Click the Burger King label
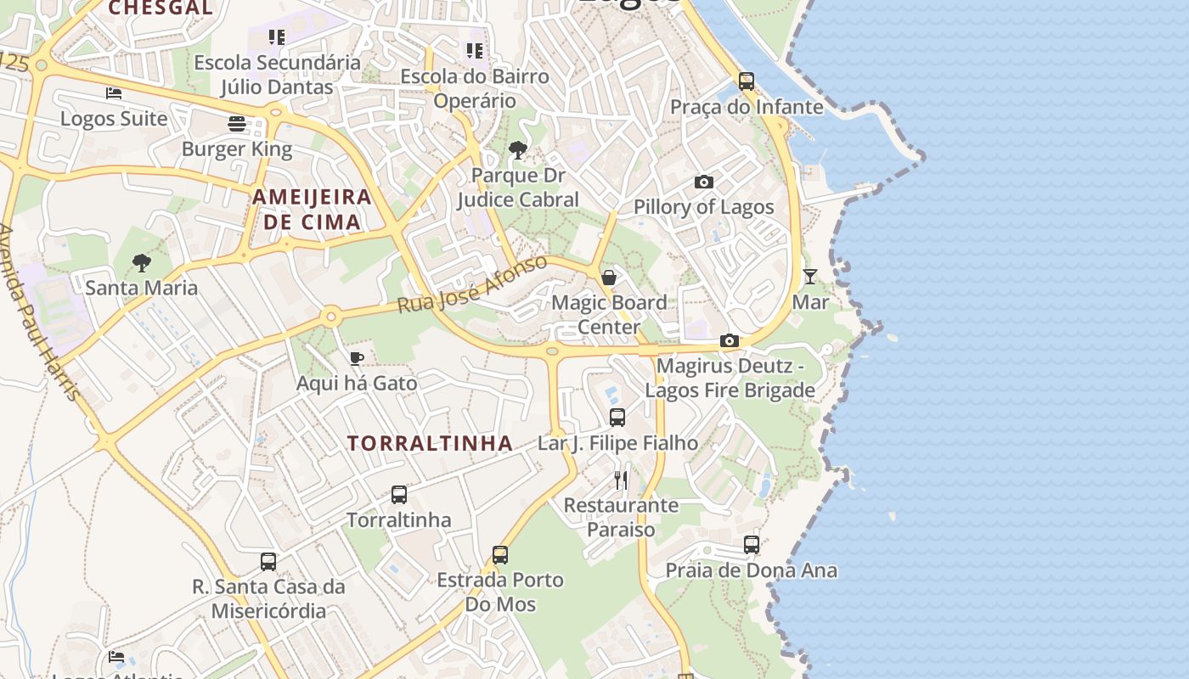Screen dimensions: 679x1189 pyautogui.click(x=237, y=150)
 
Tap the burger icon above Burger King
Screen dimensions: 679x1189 pyautogui.click(x=237, y=124)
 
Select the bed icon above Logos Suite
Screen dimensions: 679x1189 pyautogui.click(x=114, y=93)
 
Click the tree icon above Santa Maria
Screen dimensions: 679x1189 pyautogui.click(x=142, y=262)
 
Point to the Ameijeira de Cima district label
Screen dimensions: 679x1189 pyautogui.click(x=312, y=210)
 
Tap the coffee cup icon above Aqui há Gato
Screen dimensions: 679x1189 pyautogui.click(x=357, y=358)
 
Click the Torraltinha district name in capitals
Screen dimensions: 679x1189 pyautogui.click(x=430, y=443)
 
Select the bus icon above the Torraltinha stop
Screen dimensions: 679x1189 pyautogui.click(x=399, y=494)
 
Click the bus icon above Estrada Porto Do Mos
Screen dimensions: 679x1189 pyautogui.click(x=500, y=555)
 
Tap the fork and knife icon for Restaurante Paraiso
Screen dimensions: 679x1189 pyautogui.click(x=622, y=480)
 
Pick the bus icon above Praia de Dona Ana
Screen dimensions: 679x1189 pyautogui.click(x=752, y=545)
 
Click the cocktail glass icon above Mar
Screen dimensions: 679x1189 pyautogui.click(x=810, y=277)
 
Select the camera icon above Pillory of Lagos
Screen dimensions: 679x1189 pyautogui.click(x=703, y=182)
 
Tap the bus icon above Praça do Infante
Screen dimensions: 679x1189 pyautogui.click(x=747, y=81)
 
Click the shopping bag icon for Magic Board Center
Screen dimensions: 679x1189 pyautogui.click(x=609, y=278)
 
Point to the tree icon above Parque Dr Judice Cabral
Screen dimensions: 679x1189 pyautogui.click(x=517, y=151)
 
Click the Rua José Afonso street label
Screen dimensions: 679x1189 pyautogui.click(x=473, y=283)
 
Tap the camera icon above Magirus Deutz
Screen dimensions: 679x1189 pyautogui.click(x=729, y=341)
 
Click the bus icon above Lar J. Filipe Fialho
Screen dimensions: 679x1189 pyautogui.click(x=617, y=418)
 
